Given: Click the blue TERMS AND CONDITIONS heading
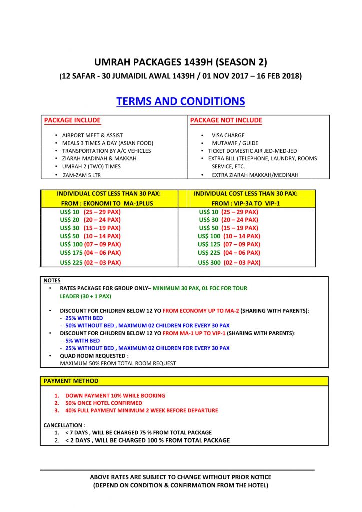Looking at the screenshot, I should tap(181, 101).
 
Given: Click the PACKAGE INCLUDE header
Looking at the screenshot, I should tap(72, 120).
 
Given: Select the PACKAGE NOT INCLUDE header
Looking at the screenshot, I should tap(226, 120).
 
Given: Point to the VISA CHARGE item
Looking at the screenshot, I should tap(228, 135).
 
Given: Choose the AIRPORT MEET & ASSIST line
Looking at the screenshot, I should tap(92, 135).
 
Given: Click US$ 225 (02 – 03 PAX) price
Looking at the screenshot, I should tap(90, 262).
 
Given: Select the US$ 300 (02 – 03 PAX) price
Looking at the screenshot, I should tap(229, 262).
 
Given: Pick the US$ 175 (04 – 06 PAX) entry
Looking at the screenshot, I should tap(90, 253).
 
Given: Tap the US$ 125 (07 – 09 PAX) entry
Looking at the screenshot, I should tap(229, 244).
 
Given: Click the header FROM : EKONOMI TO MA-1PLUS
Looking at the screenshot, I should tap(109, 204).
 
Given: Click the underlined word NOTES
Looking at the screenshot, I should tap(52, 281).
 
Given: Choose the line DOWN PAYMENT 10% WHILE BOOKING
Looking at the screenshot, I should tap(115, 395).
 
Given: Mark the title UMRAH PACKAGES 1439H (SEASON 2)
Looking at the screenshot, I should tap(181, 62).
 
